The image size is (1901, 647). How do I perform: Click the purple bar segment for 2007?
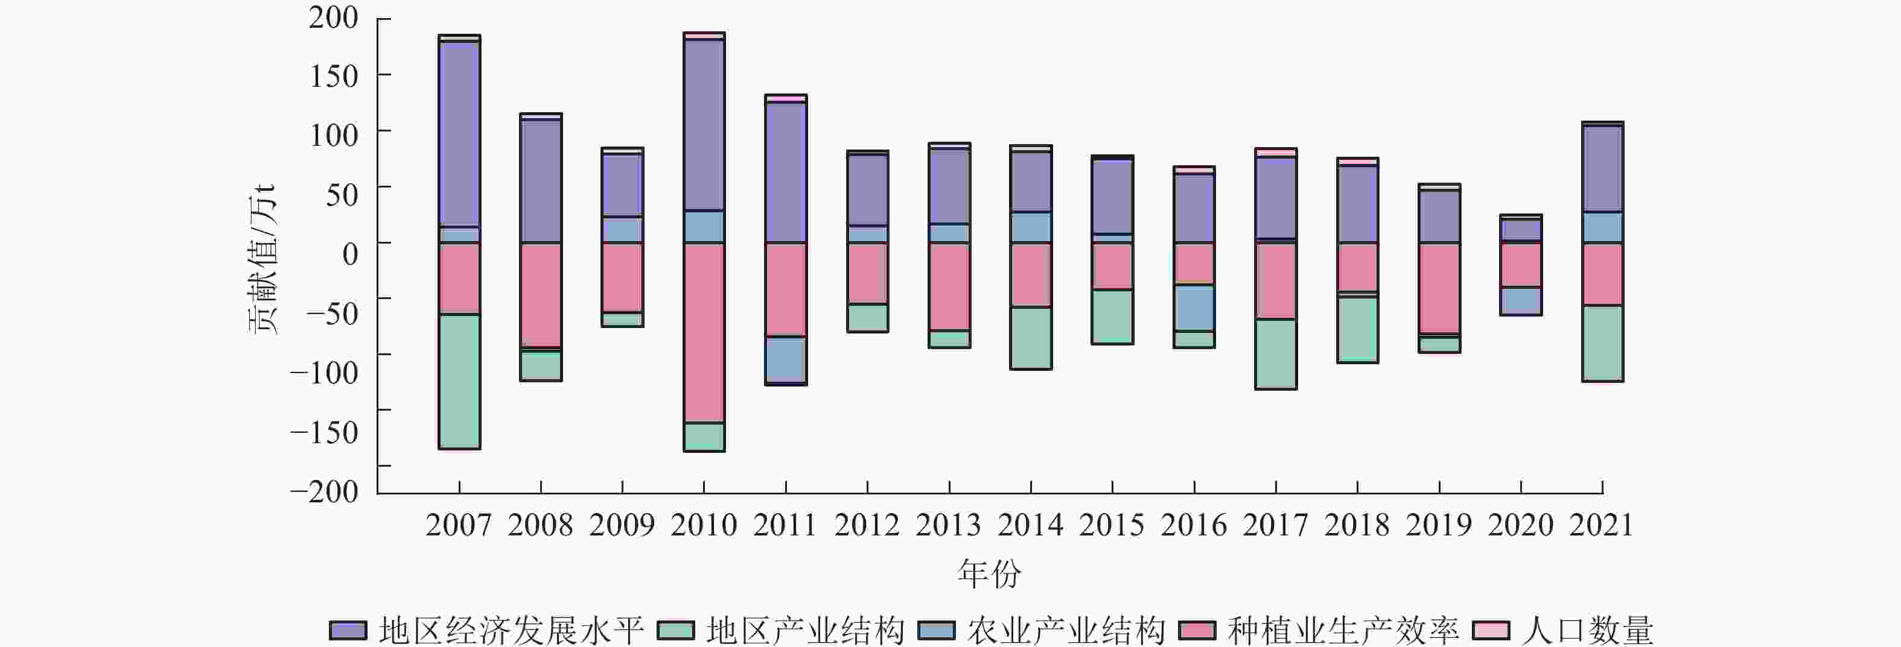click(459, 134)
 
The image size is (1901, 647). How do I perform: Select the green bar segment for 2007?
click(459, 380)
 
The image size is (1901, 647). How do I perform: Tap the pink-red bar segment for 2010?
click(704, 333)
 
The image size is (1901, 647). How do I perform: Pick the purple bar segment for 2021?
click(1602, 169)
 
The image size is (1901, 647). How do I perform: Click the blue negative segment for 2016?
click(1194, 308)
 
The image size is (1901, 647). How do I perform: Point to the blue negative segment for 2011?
click(785, 360)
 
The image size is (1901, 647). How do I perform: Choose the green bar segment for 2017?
click(1276, 353)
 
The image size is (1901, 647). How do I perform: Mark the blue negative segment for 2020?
click(1521, 301)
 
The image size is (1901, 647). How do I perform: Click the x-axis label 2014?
click(1030, 525)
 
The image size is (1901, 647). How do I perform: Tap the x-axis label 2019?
click(1438, 525)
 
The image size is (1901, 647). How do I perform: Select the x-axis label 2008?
click(540, 525)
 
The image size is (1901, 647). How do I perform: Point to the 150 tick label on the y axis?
click(334, 75)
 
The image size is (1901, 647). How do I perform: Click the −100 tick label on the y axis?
click(324, 372)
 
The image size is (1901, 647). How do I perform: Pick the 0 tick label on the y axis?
click(350, 253)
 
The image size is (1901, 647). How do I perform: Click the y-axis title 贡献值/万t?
click(262, 258)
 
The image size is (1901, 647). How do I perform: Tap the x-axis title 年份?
click(989, 574)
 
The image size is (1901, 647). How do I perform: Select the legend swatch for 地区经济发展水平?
click(348, 631)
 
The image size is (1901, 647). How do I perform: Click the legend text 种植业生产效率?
click(1343, 631)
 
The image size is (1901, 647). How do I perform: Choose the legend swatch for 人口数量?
click(1491, 631)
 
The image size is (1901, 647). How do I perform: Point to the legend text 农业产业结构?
click(1066, 631)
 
